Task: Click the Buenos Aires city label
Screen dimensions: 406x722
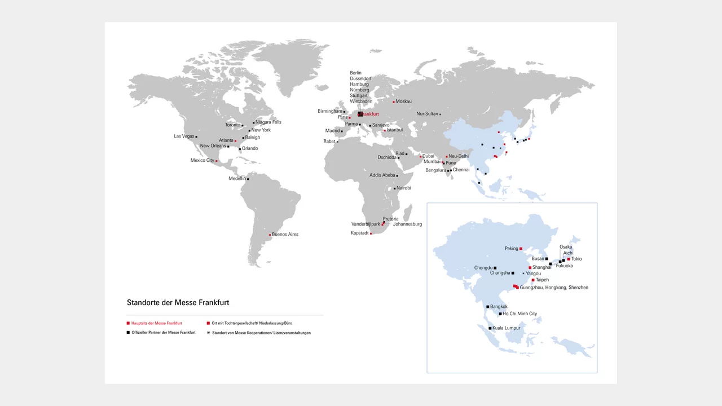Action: click(285, 235)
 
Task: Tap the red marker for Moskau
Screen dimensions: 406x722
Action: click(394, 101)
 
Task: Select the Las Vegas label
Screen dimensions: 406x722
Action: click(184, 136)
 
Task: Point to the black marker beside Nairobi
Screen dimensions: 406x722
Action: click(395, 188)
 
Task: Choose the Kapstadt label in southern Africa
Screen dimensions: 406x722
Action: click(360, 233)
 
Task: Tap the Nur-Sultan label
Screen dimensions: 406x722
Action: click(427, 114)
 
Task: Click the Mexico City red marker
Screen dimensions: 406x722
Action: click(217, 161)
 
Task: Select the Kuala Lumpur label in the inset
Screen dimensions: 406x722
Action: click(507, 328)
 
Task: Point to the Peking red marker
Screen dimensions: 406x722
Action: click(521, 249)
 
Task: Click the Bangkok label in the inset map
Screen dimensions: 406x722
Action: click(499, 307)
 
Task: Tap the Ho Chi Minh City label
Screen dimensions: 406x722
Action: click(520, 314)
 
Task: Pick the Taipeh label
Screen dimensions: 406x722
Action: click(542, 280)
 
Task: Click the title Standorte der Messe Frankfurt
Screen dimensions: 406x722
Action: click(178, 303)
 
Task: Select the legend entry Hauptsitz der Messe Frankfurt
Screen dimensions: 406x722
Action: click(157, 324)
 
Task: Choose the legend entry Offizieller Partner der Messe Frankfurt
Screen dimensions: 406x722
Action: click(163, 333)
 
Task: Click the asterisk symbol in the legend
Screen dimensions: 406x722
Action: click(208, 333)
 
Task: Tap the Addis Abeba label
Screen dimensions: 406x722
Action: click(382, 175)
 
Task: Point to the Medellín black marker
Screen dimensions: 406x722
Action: click(248, 179)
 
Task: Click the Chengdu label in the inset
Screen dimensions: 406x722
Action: click(483, 268)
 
